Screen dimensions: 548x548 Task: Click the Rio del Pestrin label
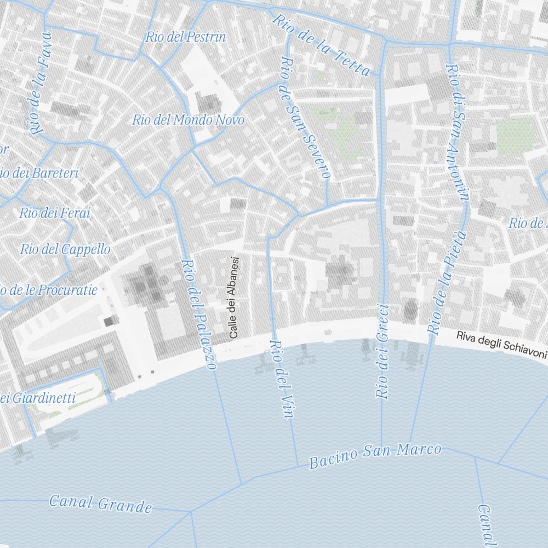coord(185,37)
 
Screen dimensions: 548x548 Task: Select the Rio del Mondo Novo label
coord(188,119)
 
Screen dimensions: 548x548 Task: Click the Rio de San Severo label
coord(304,118)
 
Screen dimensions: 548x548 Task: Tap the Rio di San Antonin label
coord(458,133)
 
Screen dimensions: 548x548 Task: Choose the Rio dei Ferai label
coord(55,213)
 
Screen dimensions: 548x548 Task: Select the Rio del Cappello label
coord(65,249)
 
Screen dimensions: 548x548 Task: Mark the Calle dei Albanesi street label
coord(234,297)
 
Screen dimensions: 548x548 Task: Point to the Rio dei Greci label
coord(382,351)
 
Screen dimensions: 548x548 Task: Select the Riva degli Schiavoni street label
coord(501,345)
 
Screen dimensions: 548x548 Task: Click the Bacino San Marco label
coord(375,456)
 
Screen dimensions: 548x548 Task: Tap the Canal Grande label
coord(100,503)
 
